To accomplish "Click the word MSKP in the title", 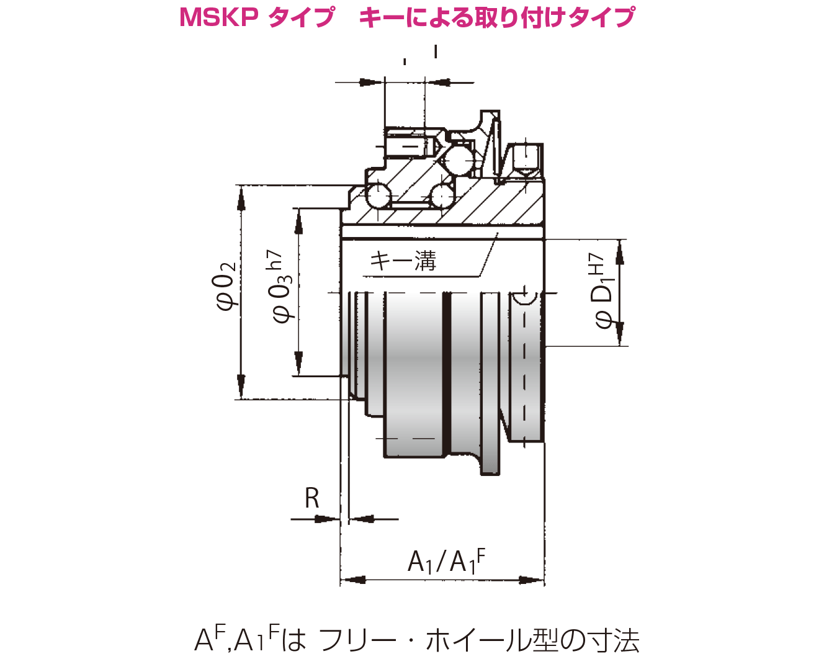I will tap(218, 17).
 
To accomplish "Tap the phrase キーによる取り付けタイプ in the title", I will tap(497, 17).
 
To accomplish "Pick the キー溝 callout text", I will tap(403, 261).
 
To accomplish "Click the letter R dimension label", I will tap(312, 498).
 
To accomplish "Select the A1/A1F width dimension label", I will tap(446, 561).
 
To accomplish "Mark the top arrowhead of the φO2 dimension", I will tap(241, 197).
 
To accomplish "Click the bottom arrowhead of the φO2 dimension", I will tap(241, 387).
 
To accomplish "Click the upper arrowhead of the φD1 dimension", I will tap(619, 252).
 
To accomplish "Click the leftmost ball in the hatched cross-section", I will tap(378, 197).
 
